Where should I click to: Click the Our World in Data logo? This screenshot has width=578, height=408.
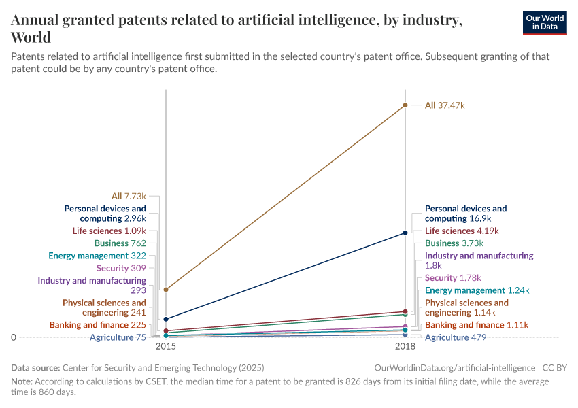[545, 22]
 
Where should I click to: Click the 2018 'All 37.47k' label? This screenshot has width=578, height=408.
[445, 105]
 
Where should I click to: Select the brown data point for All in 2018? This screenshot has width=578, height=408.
[405, 105]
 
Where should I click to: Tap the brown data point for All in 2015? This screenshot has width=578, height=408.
[166, 290]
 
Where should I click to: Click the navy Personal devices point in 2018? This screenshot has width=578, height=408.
[405, 233]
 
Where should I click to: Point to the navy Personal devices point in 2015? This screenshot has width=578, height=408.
[166, 319]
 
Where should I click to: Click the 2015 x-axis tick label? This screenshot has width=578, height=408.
[166, 347]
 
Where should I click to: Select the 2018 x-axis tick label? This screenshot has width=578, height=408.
[405, 347]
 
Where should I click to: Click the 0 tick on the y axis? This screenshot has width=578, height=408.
[14, 337]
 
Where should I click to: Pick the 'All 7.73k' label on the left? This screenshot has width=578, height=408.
[129, 196]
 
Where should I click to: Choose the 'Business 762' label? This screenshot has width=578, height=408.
[120, 243]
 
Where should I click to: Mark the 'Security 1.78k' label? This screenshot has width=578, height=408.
[453, 278]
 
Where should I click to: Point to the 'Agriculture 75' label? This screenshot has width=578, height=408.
[117, 337]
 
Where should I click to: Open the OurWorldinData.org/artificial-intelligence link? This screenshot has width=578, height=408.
[455, 368]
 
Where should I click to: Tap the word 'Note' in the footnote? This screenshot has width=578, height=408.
[21, 381]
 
